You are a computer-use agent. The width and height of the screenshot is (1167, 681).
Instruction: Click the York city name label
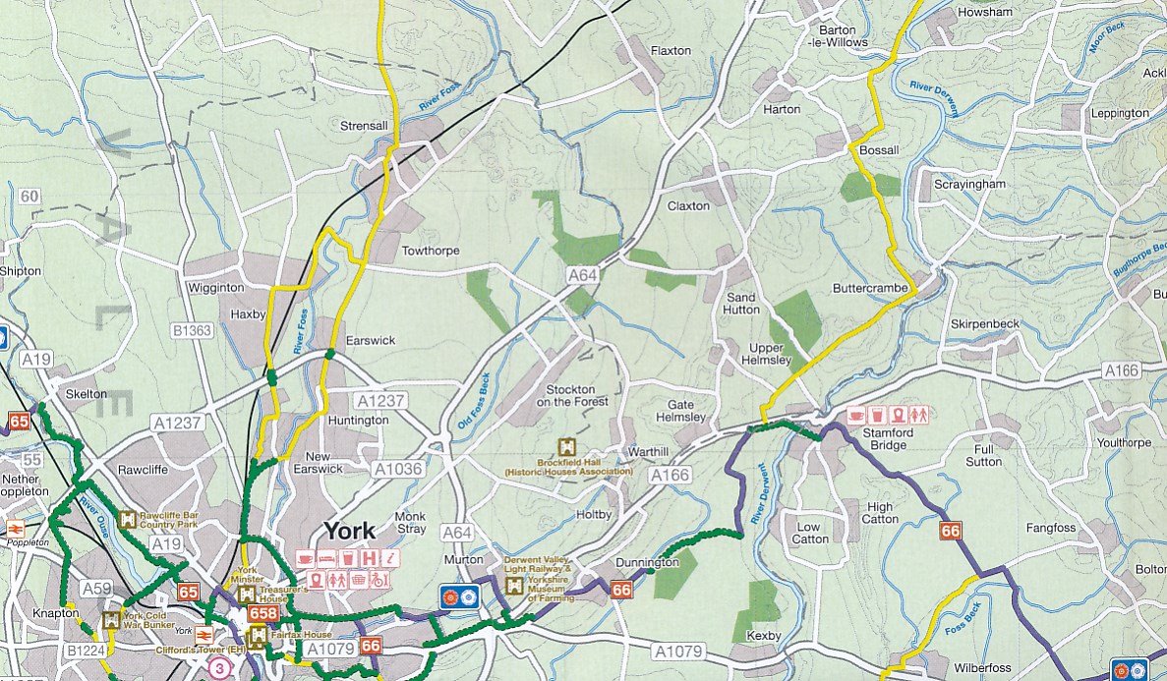pos(349,532)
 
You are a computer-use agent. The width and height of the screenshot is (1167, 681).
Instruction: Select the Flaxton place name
pos(671,50)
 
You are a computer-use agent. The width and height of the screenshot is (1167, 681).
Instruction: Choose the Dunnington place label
pos(647,562)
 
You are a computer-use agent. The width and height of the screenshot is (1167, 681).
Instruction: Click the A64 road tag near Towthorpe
pos(582,277)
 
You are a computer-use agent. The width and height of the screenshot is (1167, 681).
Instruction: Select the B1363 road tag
pos(191,331)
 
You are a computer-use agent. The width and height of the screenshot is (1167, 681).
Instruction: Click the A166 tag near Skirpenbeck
pos(1121,370)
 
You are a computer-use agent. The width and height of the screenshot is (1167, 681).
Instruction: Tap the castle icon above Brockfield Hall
pos(565,447)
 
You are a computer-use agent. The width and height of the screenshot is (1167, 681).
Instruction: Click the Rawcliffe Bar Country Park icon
pos(128,519)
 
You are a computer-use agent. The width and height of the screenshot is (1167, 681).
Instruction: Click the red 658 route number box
pos(263,614)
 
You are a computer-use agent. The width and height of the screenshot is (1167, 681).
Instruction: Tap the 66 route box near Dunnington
pos(620,590)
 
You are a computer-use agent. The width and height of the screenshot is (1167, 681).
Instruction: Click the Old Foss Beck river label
pos(474,402)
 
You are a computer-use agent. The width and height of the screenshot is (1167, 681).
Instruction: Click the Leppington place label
pos(1119,113)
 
